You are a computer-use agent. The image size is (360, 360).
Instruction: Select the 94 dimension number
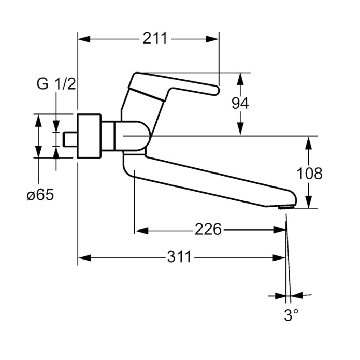click(x=240, y=104)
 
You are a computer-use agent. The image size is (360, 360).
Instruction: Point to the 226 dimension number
click(x=208, y=228)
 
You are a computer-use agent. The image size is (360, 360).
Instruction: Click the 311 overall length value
click(x=179, y=256)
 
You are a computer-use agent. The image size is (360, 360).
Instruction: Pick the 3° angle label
click(x=291, y=315)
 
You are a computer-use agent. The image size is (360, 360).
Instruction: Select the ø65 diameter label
click(x=39, y=195)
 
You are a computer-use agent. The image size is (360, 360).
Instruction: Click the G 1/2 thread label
click(x=56, y=84)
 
